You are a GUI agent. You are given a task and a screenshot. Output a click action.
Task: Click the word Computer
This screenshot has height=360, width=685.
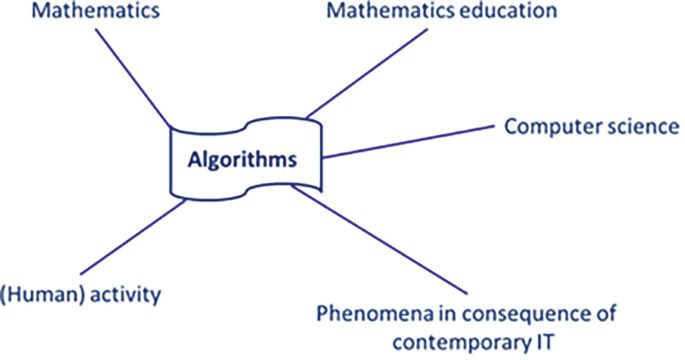543,127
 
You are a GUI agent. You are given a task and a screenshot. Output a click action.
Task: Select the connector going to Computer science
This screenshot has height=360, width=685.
410,141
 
